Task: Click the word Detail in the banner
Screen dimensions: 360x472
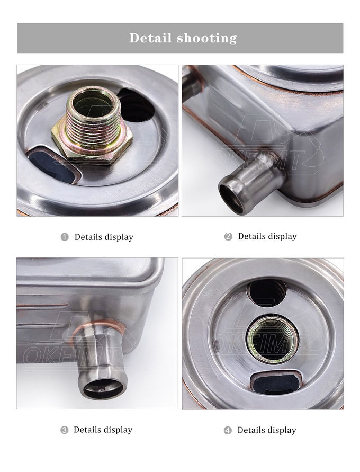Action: [151, 38]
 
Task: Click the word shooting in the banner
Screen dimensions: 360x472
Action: [206, 39]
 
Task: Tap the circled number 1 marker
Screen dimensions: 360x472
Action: [65, 237]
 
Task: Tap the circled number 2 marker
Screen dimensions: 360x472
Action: [228, 237]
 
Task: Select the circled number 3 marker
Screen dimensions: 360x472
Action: [65, 430]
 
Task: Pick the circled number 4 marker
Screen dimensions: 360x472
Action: [228, 431]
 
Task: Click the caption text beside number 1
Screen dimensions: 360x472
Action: [104, 237]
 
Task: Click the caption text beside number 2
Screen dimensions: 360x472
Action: [267, 237]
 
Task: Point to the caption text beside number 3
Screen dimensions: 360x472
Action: [103, 430]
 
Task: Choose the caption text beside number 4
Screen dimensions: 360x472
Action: [267, 431]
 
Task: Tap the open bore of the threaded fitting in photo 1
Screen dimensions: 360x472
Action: [93, 104]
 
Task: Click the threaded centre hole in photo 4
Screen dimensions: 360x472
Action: [273, 339]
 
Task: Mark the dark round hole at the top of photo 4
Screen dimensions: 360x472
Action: [267, 293]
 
